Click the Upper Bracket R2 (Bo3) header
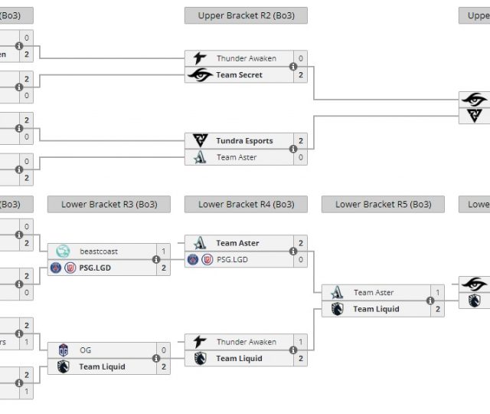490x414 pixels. click(246, 15)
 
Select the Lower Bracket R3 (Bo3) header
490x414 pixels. click(108, 205)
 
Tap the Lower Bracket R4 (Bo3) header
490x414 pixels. click(246, 205)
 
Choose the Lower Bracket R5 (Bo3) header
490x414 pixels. click(383, 205)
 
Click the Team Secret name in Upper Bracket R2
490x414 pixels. click(239, 75)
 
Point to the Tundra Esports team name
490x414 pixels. click(244, 141)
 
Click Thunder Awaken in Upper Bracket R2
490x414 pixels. click(246, 58)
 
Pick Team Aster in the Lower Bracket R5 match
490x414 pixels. click(374, 293)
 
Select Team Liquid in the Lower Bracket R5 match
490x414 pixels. click(376, 310)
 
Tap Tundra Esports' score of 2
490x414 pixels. click(301, 141)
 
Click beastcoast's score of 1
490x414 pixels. click(163, 251)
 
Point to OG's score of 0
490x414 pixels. click(163, 350)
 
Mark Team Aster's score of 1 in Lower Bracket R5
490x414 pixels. click(438, 293)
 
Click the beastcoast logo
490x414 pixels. click(63, 251)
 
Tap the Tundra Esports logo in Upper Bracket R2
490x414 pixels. click(200, 141)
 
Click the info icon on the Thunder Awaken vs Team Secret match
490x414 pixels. click(293, 67)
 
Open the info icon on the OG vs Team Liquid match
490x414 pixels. click(155, 359)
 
